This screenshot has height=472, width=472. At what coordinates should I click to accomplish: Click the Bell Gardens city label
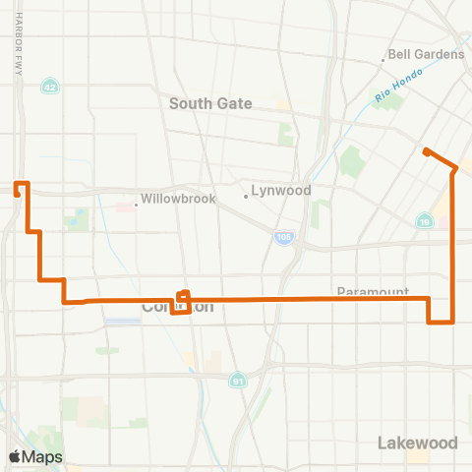pos(427,54)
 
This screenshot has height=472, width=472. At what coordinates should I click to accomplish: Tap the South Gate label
pos(210,103)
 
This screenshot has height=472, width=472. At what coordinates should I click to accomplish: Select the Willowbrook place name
pos(177,198)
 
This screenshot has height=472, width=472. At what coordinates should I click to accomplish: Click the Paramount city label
pos(372,292)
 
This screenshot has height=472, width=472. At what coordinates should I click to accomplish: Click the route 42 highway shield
pos(48,87)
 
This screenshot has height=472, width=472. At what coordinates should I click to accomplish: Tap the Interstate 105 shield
pos(283,238)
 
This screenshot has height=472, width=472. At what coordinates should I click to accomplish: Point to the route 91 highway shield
pos(238,380)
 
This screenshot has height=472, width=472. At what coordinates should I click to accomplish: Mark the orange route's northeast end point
pos(426,151)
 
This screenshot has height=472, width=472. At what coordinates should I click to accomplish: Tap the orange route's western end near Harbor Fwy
pos(17,194)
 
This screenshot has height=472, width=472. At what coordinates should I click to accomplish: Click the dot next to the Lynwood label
pos(246,195)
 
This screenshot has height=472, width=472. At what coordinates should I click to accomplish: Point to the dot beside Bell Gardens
pos(383,60)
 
